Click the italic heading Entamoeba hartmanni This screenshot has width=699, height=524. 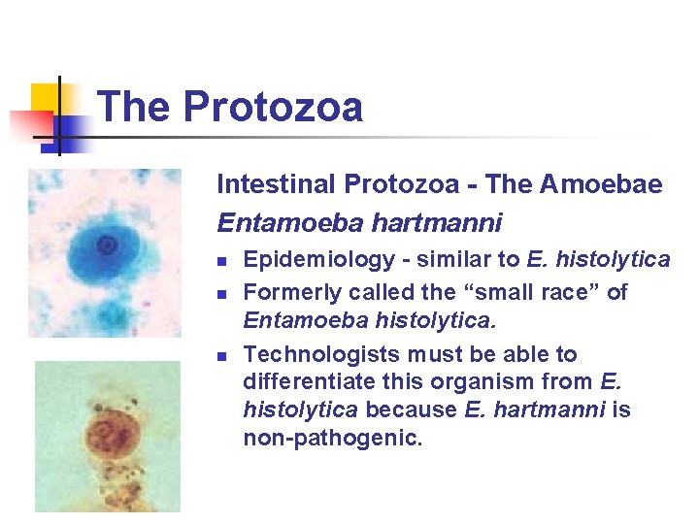click(x=359, y=223)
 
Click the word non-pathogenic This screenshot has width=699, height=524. click(x=333, y=439)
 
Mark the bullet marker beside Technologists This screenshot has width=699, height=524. click(x=222, y=356)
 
